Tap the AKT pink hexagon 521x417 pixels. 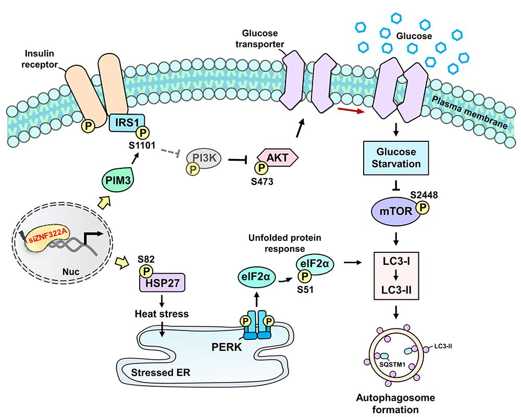pyautogui.click(x=277, y=157)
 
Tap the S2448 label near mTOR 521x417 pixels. pyautogui.click(x=424, y=194)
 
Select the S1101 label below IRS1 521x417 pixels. pyautogui.click(x=143, y=145)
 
